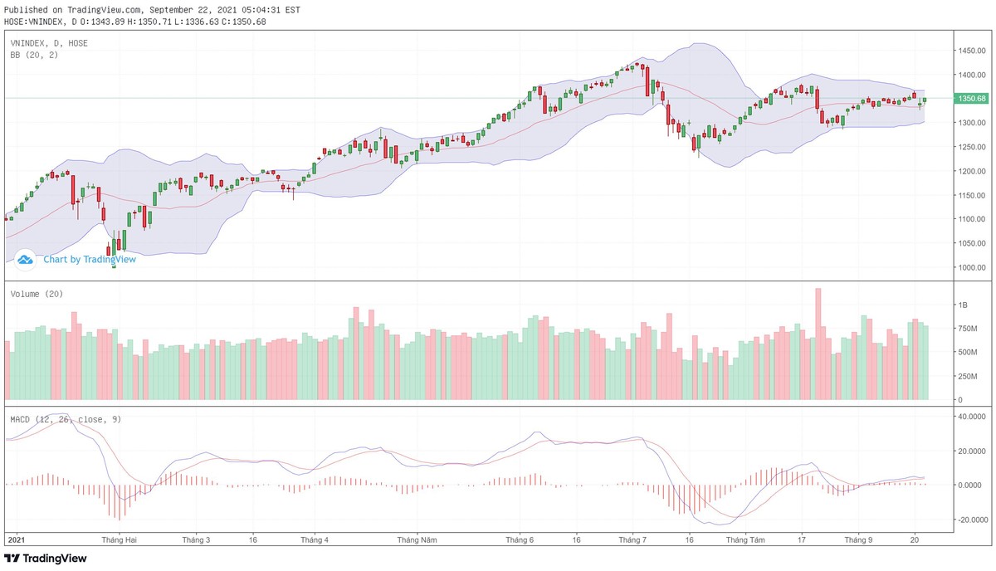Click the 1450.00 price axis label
coord(970,51)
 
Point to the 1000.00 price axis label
coord(970,267)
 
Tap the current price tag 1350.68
coord(971,99)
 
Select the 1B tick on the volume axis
coord(964,305)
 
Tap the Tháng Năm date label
coord(417,539)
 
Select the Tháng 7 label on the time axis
coord(632,539)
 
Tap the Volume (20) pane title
coord(37,294)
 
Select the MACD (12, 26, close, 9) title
coord(66,419)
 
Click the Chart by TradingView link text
coord(90,259)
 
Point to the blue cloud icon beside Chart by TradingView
coord(25,259)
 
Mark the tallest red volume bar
coord(818,344)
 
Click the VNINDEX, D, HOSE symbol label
coord(48,42)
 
